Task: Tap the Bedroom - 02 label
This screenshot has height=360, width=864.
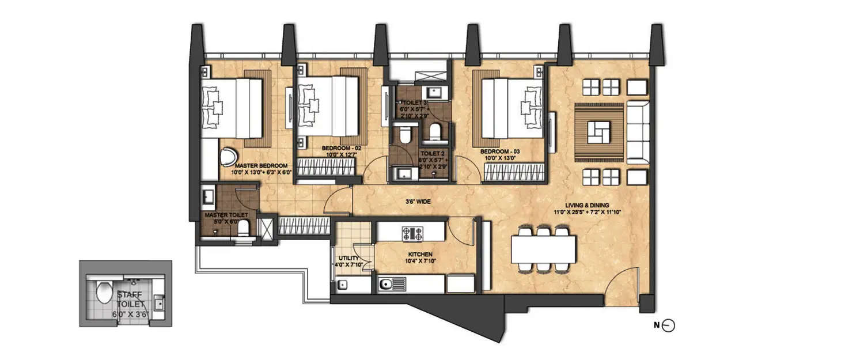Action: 342,149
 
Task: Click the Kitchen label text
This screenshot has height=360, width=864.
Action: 419,254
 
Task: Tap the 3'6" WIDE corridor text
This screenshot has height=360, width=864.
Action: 418,202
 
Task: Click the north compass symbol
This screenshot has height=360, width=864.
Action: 668,326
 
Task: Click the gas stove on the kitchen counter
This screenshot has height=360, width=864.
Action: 411,233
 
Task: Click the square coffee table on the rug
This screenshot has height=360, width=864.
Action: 599,132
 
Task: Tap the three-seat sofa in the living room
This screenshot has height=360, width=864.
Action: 638,131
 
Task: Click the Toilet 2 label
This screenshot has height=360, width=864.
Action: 432,154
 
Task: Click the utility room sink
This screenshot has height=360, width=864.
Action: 343,285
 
